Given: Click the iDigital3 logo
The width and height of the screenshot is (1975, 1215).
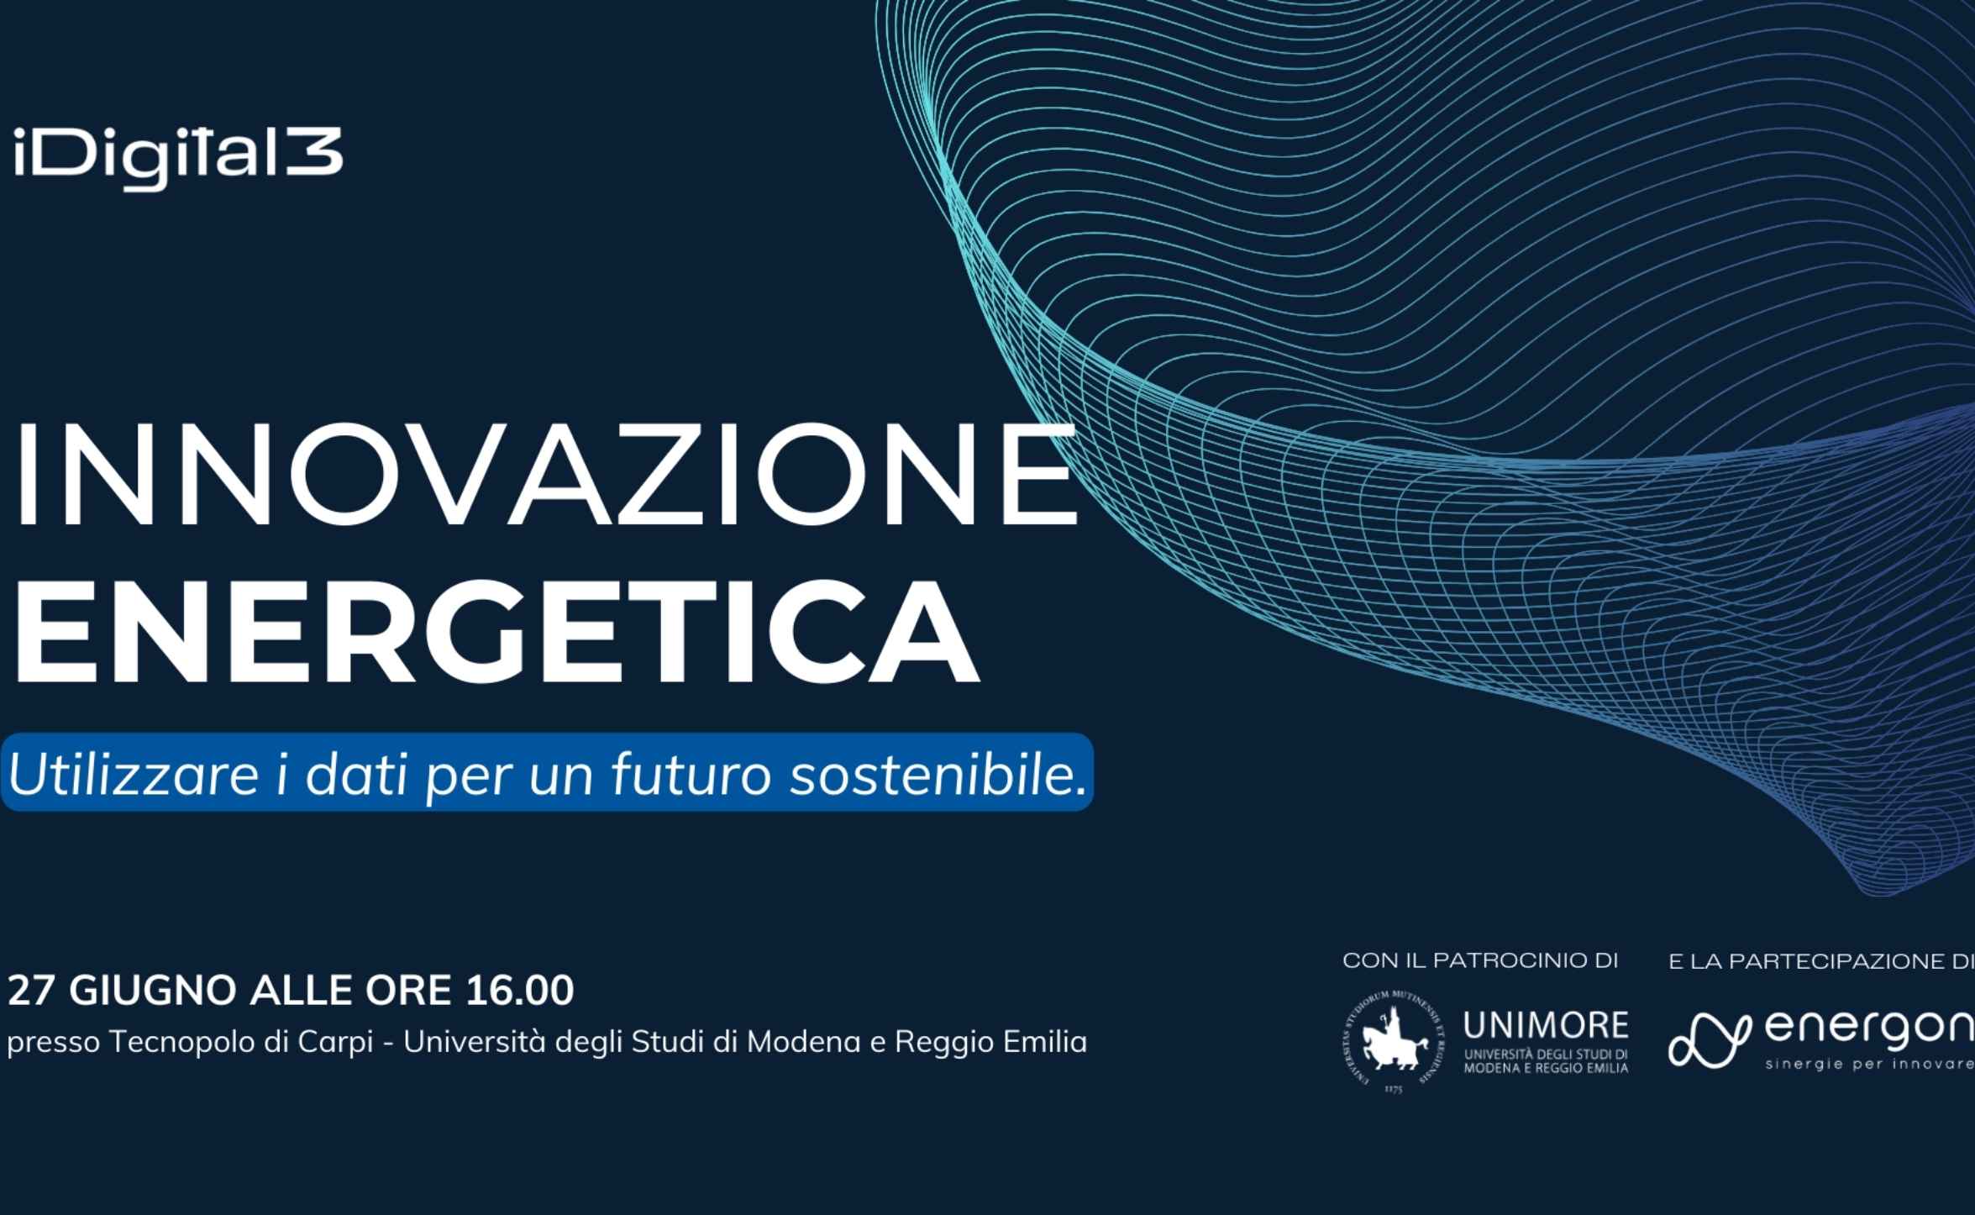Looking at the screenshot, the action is (178, 157).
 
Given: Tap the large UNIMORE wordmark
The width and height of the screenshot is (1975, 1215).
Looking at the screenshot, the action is (1546, 1025).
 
